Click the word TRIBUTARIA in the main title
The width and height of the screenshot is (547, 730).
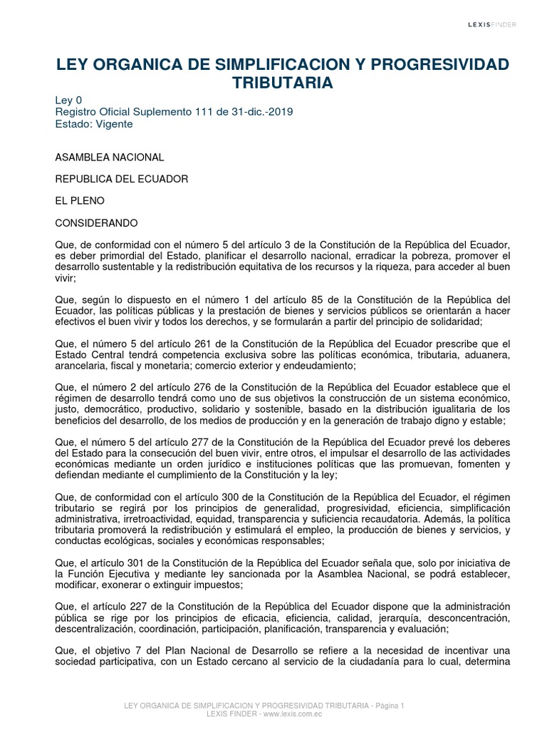(283, 83)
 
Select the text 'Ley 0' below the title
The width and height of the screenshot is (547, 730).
(69, 101)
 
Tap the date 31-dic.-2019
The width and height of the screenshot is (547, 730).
(259, 112)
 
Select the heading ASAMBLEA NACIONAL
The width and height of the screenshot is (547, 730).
(110, 157)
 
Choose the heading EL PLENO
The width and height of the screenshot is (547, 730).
(80, 202)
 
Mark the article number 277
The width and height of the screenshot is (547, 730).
(201, 443)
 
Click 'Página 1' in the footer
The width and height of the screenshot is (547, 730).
(386, 706)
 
